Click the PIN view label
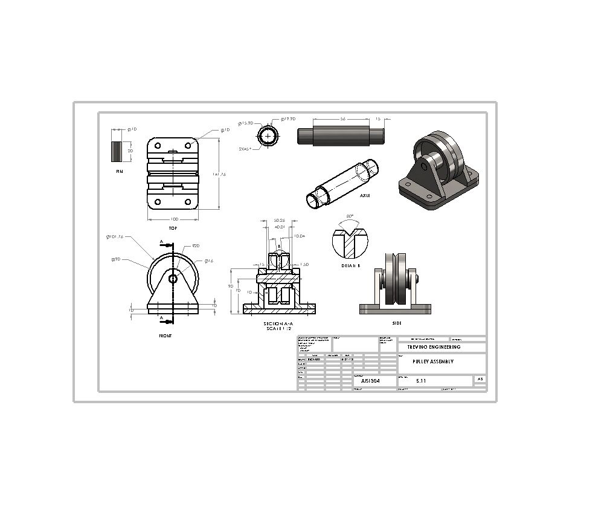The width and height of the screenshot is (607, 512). pos(119,172)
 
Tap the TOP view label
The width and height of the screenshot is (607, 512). pos(173,228)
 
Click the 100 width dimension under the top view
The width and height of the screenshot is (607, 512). pos(173,218)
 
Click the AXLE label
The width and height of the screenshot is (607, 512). pos(365,196)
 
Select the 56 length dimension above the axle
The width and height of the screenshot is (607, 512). pos(342,119)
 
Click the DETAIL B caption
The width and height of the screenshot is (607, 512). pos(350,265)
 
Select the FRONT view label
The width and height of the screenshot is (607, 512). pos(165,335)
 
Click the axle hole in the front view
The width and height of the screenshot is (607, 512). pos(173,279)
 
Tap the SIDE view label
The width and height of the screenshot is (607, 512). pos(396,323)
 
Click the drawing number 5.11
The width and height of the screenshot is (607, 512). pos(422,381)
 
